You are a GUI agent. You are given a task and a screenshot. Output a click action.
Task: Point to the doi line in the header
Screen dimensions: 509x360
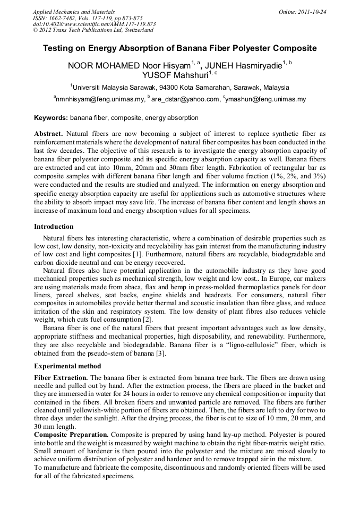pyautogui.click(x=94, y=24)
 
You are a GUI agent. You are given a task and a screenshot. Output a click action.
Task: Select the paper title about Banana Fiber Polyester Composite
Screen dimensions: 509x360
pyautogui.click(x=179, y=48)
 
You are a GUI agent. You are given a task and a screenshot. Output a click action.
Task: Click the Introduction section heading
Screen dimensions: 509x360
pyautogui.click(x=54, y=227)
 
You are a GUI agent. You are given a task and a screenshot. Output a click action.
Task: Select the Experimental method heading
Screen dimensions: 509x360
pyautogui.click(x=67, y=366)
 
